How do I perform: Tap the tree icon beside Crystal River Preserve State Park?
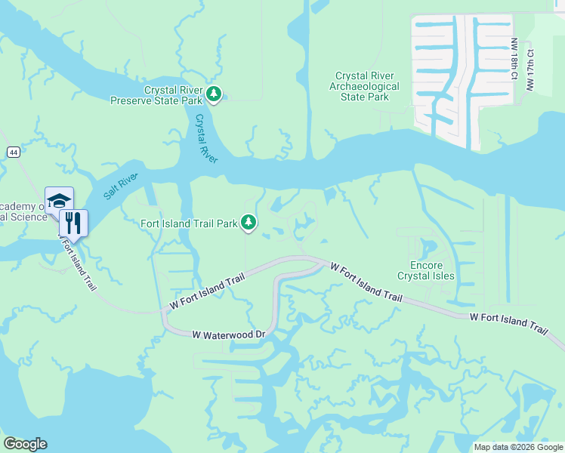pyautogui.click(x=215, y=94)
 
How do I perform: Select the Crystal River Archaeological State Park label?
pyautogui.click(x=369, y=86)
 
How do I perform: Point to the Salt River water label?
pyautogui.click(x=120, y=186)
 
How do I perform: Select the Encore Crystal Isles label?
pyautogui.click(x=432, y=271)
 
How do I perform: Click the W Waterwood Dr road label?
pyautogui.click(x=230, y=334)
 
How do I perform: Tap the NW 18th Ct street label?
pyautogui.click(x=514, y=57)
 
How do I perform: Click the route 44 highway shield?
pyautogui.click(x=14, y=153)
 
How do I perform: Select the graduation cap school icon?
pyautogui.click(x=59, y=201)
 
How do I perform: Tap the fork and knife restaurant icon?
pyautogui.click(x=73, y=223)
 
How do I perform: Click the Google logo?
pyautogui.click(x=25, y=444)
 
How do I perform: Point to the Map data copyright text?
pyautogui.click(x=517, y=447)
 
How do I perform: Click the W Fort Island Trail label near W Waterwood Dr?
pyautogui.click(x=208, y=291)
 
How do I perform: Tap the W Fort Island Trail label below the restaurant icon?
pyautogui.click(x=79, y=265)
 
